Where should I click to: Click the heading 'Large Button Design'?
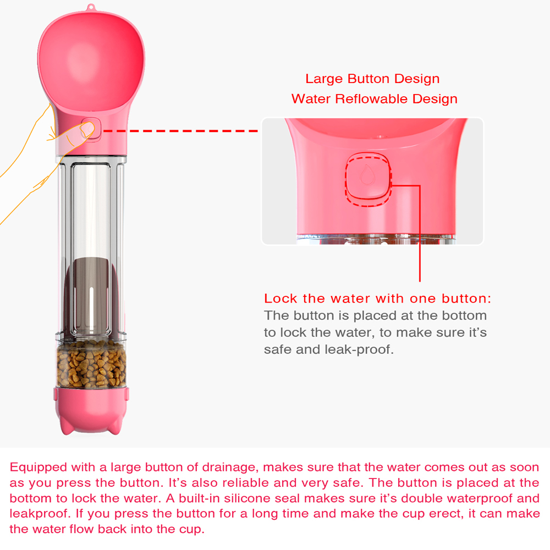click(372, 79)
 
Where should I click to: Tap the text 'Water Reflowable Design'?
click(374, 99)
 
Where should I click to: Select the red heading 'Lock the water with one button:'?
click(377, 299)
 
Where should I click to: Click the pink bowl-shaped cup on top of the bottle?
click(92, 61)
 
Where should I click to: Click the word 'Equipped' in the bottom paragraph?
click(37, 468)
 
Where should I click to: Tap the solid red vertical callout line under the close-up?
click(420, 237)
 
